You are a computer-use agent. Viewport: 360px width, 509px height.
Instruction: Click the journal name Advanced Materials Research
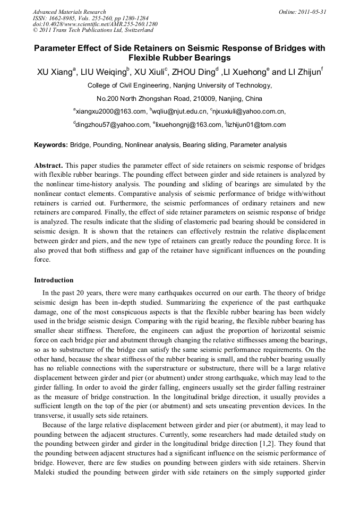(x=69, y=12)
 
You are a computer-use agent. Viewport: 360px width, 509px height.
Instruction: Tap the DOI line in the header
(x=95, y=24)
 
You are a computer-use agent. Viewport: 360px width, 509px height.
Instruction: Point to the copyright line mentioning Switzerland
(x=93, y=31)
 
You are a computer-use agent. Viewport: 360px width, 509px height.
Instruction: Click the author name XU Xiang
(x=55, y=72)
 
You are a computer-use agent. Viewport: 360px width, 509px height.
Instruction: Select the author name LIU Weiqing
(x=109, y=72)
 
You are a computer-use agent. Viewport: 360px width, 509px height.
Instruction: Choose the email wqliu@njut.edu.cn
(x=179, y=111)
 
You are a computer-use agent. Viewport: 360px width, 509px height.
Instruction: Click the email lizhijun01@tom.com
(x=256, y=125)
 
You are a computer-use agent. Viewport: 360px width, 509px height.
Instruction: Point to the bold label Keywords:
(x=51, y=145)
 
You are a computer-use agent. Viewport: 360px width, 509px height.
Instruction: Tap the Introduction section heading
(x=54, y=280)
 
